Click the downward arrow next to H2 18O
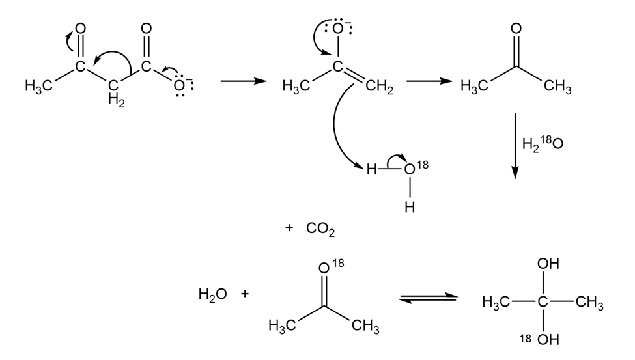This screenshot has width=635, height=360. click(x=515, y=145)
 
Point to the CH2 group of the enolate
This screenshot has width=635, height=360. click(x=380, y=88)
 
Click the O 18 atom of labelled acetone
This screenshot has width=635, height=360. click(x=326, y=267)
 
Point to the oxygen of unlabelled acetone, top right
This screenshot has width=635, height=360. click(x=516, y=29)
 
